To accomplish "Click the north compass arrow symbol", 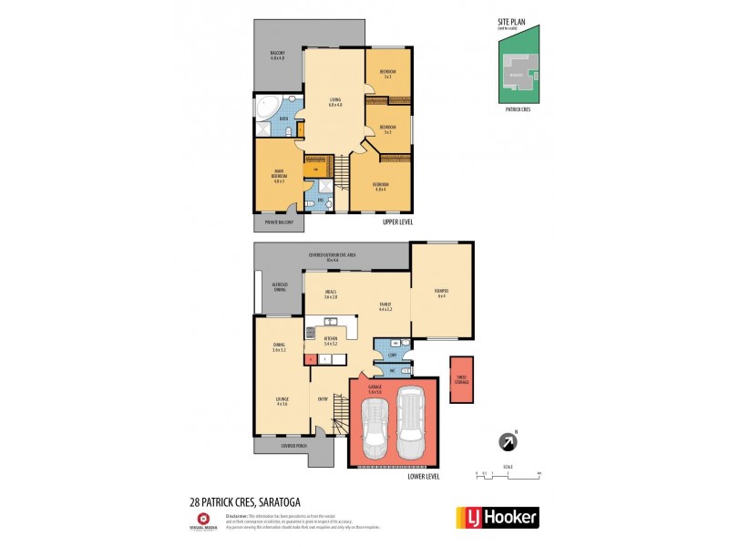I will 506,442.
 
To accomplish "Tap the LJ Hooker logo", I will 497,517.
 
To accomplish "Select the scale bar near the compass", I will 508,474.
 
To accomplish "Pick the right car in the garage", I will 412,427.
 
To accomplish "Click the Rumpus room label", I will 441,294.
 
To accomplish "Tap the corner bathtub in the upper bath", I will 267,108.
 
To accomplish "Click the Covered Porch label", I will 294,447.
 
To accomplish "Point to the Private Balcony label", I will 279,221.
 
